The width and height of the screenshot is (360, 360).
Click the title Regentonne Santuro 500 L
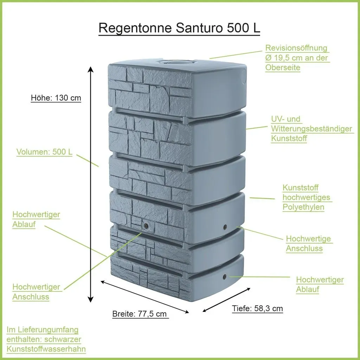coord(179,28)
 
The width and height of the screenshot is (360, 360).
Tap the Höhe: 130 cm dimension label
coord(56,98)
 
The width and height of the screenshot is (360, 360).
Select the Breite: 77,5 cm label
coord(140,314)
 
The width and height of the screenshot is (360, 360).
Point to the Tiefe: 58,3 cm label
coord(257,308)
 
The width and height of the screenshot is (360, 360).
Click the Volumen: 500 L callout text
coord(44,152)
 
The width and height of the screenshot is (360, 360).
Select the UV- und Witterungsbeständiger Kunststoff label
coord(311,129)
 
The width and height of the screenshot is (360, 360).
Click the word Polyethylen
coord(303,207)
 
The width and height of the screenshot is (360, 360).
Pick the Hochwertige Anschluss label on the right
coord(309,243)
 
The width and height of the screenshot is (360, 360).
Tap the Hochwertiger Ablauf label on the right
coord(320,284)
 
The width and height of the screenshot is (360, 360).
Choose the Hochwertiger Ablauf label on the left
coord(36,219)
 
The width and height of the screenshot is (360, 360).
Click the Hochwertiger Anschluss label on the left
coord(37,291)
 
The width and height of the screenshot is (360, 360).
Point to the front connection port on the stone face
coord(146,226)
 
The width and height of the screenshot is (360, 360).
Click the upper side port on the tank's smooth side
coord(225,227)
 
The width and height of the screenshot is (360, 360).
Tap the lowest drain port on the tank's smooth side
coord(225,276)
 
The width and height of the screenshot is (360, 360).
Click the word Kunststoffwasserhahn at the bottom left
coord(46,349)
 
